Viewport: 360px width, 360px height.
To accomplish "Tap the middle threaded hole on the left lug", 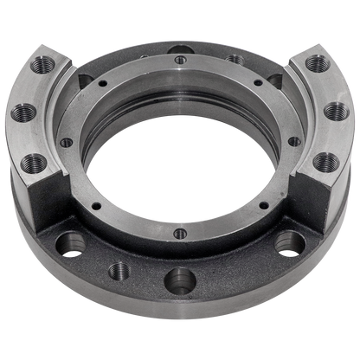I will pyautogui.click(x=22, y=113).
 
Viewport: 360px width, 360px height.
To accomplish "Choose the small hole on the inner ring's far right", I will pyautogui.click(x=294, y=141).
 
